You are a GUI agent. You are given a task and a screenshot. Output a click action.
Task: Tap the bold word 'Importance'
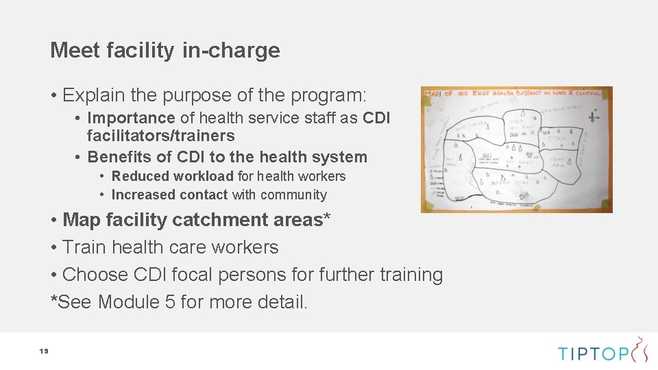pos(131,118)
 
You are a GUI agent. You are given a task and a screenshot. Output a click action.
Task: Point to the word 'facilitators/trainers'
pos(161,136)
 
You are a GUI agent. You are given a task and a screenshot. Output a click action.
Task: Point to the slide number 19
pos(43,351)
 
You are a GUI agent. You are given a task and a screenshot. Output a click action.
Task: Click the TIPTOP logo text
pos(594,354)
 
